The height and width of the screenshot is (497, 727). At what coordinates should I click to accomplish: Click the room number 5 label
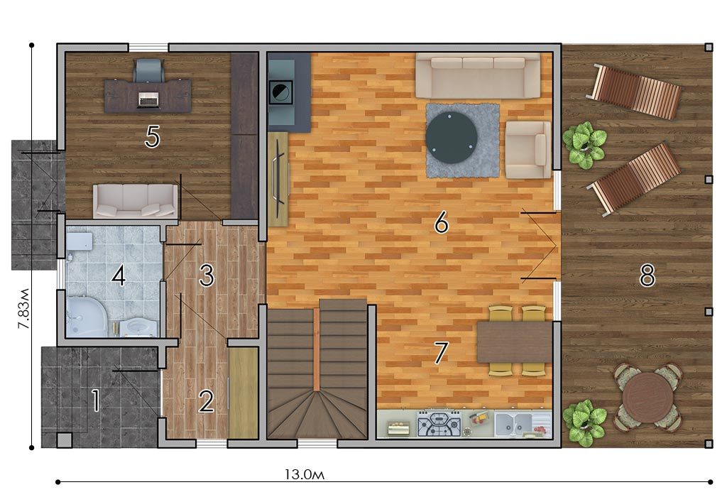tap(153, 137)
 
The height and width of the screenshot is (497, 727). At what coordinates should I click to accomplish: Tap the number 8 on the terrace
tap(647, 275)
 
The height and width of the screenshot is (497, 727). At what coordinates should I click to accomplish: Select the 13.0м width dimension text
tap(304, 474)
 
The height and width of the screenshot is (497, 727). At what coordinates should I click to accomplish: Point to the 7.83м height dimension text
tap(23, 309)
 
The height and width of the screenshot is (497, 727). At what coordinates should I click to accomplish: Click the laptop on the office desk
tap(148, 99)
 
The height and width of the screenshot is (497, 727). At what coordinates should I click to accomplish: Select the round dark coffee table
tap(451, 138)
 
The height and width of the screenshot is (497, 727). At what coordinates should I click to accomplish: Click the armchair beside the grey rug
tap(528, 150)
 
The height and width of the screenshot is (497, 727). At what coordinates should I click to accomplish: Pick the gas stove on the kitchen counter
tap(439, 424)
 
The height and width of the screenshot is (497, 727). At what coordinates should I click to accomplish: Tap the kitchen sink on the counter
tap(514, 423)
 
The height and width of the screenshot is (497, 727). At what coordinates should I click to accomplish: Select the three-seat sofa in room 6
tap(478, 75)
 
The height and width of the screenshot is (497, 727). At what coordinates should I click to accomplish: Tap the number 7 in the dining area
tap(441, 352)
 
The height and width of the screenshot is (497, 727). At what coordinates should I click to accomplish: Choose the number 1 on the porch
tap(96, 400)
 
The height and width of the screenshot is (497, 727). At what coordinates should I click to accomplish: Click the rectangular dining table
tap(515, 342)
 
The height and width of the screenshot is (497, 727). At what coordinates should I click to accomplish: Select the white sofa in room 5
tap(136, 201)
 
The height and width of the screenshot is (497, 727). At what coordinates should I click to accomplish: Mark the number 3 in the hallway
tap(207, 275)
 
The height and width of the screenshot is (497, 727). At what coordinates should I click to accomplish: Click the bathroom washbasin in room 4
tap(138, 326)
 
